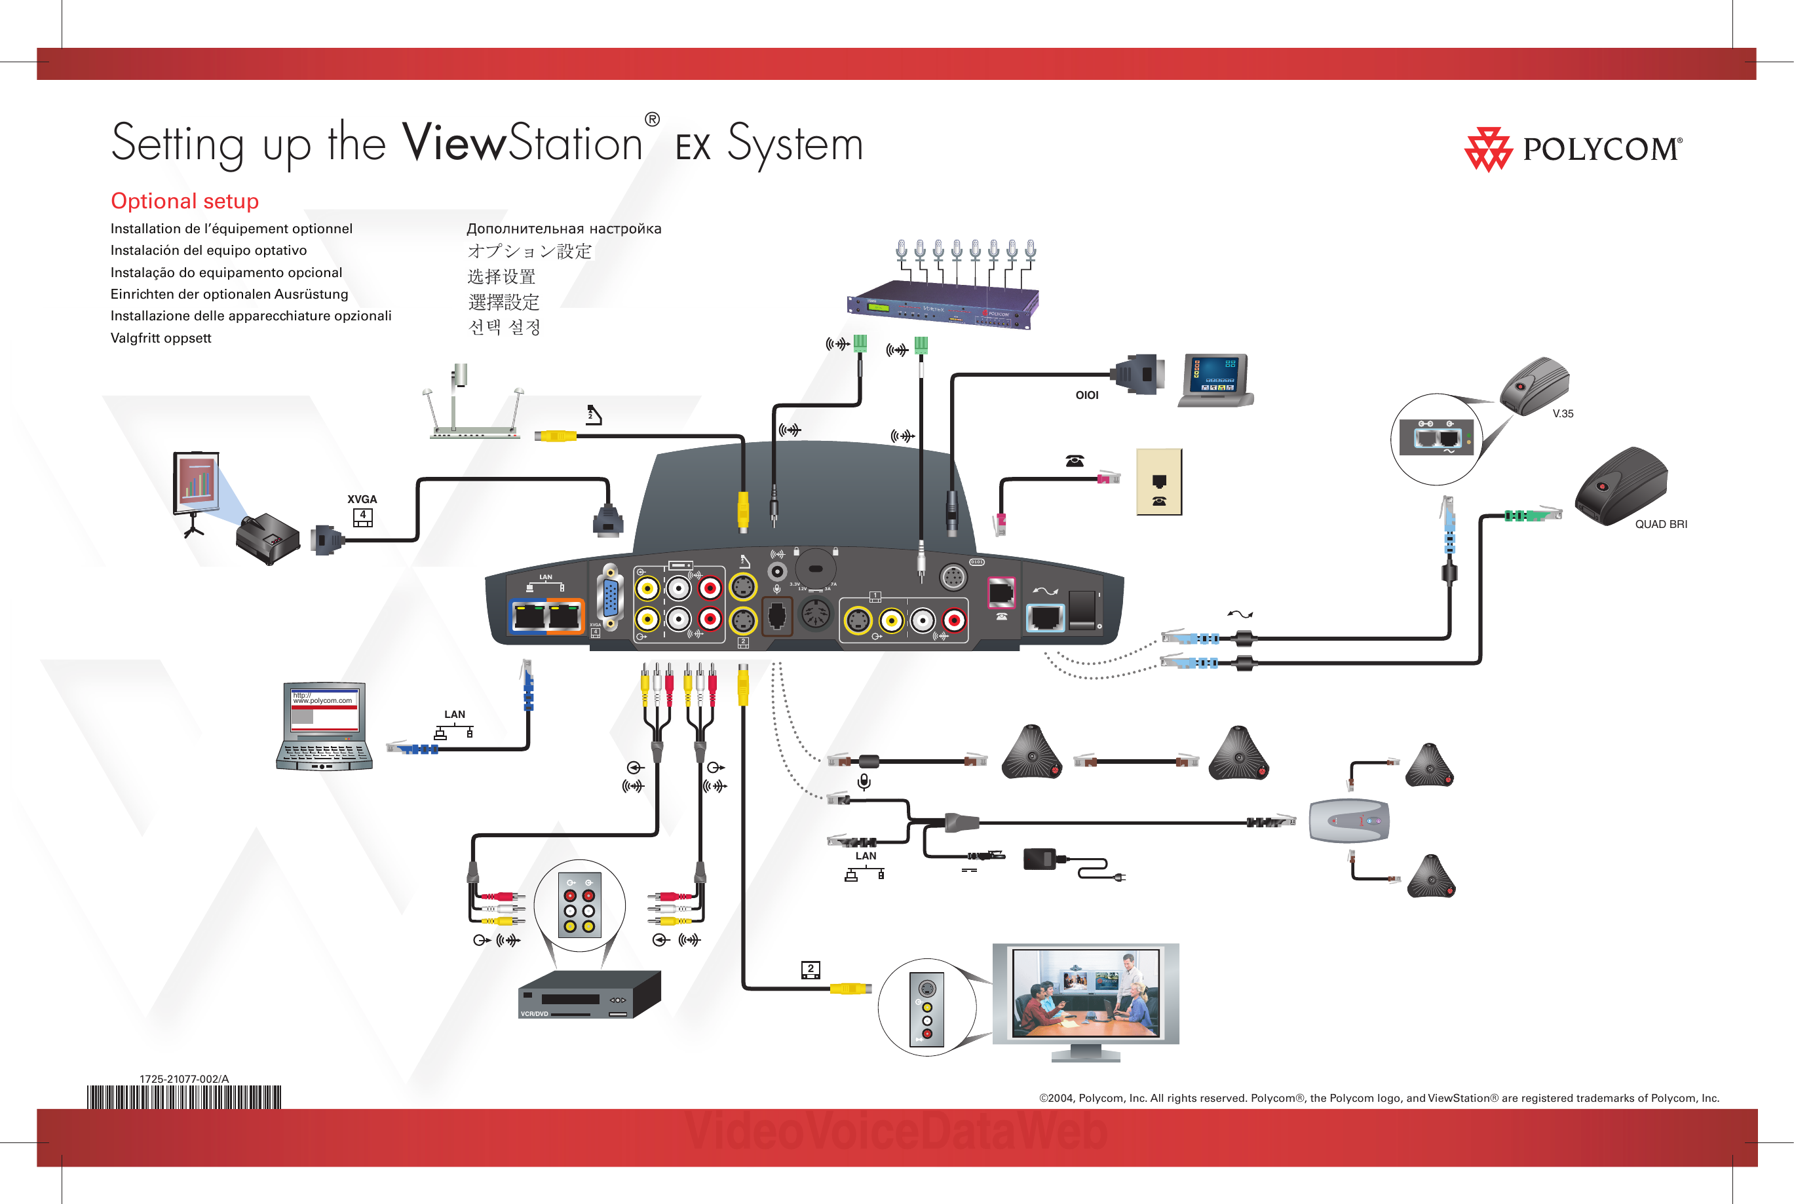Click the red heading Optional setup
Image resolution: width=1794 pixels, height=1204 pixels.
(x=184, y=201)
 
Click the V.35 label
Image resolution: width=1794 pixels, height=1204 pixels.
(x=1562, y=414)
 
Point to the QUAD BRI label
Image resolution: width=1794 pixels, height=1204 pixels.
(x=1660, y=525)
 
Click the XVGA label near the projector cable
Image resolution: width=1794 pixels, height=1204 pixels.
(x=362, y=499)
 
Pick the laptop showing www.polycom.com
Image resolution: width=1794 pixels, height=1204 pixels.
(x=324, y=726)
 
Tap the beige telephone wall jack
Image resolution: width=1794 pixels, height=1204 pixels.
(x=1158, y=482)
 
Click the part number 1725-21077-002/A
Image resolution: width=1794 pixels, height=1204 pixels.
(x=184, y=1079)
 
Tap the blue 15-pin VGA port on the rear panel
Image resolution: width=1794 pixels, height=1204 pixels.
(x=611, y=598)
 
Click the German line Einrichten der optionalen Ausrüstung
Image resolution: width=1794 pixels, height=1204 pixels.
(x=229, y=294)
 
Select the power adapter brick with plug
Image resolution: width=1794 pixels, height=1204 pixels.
(x=1040, y=859)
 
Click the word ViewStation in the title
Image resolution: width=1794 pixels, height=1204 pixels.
(x=522, y=143)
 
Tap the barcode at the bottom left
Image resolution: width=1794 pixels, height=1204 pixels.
(x=184, y=1097)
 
